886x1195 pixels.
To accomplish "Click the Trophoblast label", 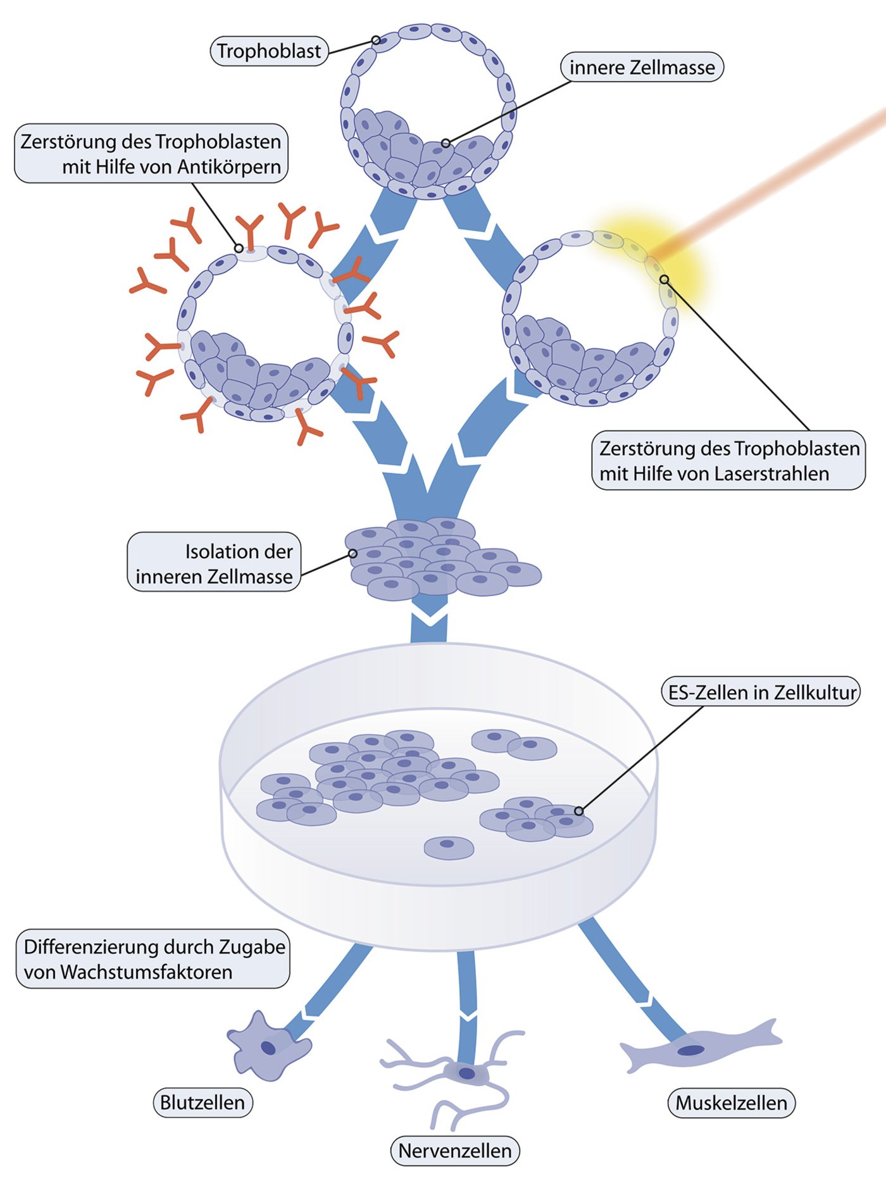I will [269, 51].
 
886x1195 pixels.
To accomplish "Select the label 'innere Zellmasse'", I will [642, 68].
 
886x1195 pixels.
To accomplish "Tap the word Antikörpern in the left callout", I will [228, 167].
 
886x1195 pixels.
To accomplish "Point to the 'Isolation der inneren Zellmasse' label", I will [214, 563].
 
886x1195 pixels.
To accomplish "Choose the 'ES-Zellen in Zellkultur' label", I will [761, 692].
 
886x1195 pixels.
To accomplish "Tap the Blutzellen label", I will [203, 1103].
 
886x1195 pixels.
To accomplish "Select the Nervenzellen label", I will [455, 1151].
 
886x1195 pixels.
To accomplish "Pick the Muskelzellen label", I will [731, 1103].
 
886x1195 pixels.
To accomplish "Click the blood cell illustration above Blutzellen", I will [266, 1048].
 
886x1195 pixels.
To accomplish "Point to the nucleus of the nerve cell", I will [467, 1073].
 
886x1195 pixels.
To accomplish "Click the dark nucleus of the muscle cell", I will [691, 1051].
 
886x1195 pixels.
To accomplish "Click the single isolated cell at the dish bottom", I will [449, 847].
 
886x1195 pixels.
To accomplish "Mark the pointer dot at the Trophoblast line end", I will [376, 41].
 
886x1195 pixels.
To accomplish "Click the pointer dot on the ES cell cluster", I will [578, 811].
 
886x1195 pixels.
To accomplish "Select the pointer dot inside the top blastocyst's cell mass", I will [446, 144].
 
